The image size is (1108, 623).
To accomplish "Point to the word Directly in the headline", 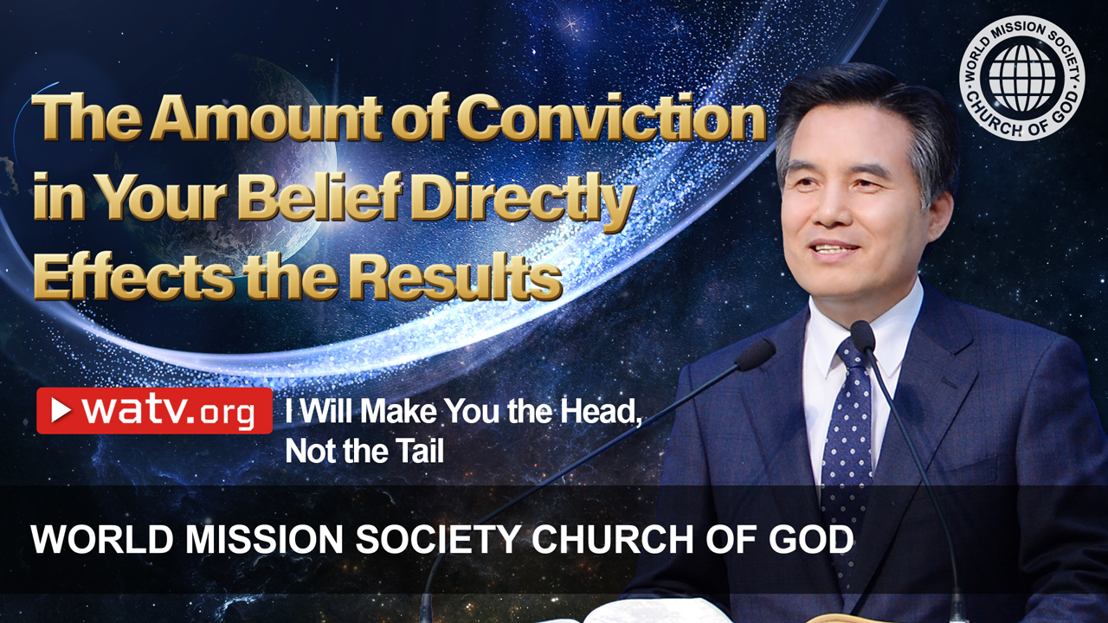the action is [x=523, y=201].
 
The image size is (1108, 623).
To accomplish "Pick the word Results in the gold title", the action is [x=455, y=276].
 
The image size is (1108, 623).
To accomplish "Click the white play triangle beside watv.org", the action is [x=61, y=410].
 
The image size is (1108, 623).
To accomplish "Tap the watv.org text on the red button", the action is [x=168, y=411].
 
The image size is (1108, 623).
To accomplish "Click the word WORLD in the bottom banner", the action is [x=102, y=539].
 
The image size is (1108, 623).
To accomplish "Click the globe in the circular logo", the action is [x=1022, y=78].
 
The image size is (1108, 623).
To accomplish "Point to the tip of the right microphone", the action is [x=863, y=331].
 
